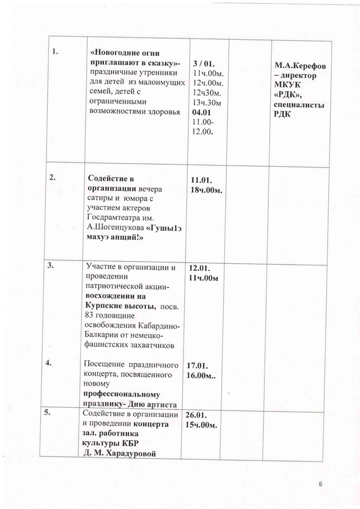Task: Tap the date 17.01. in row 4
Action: click(x=199, y=366)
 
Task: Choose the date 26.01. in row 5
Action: click(x=198, y=415)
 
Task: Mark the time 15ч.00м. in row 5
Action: click(x=202, y=425)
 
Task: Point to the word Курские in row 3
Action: click(x=101, y=306)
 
